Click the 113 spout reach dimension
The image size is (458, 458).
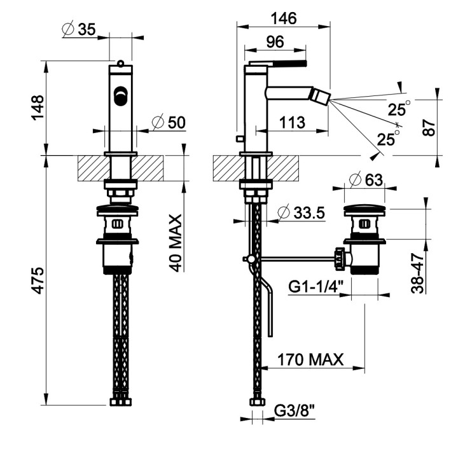pos(292,122)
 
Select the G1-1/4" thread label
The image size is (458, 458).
pos(316,288)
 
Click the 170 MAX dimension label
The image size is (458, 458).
pos(310,360)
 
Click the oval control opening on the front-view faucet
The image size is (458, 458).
pos(120,96)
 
